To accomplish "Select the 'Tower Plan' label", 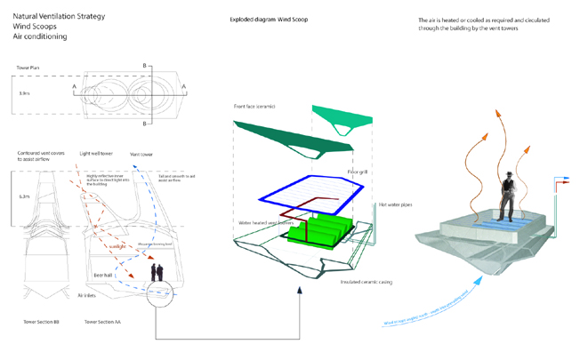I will pos(28,68).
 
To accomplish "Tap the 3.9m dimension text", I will pos(26,92).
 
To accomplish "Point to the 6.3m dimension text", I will pos(24,196).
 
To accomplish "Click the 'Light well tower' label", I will pos(95,154).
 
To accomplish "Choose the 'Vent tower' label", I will pos(141,154).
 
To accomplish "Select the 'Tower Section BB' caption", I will pos(41,321).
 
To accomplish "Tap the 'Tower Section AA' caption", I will pos(102,321).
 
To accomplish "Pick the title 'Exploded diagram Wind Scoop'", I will pos(268,20).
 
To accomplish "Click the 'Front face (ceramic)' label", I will pos(254,107).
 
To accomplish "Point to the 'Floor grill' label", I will pos(358,172).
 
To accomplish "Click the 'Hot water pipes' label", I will pos(395,204).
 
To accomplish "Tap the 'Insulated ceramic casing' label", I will pos(366,282).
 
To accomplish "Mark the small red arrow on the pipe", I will pos(562,179).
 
